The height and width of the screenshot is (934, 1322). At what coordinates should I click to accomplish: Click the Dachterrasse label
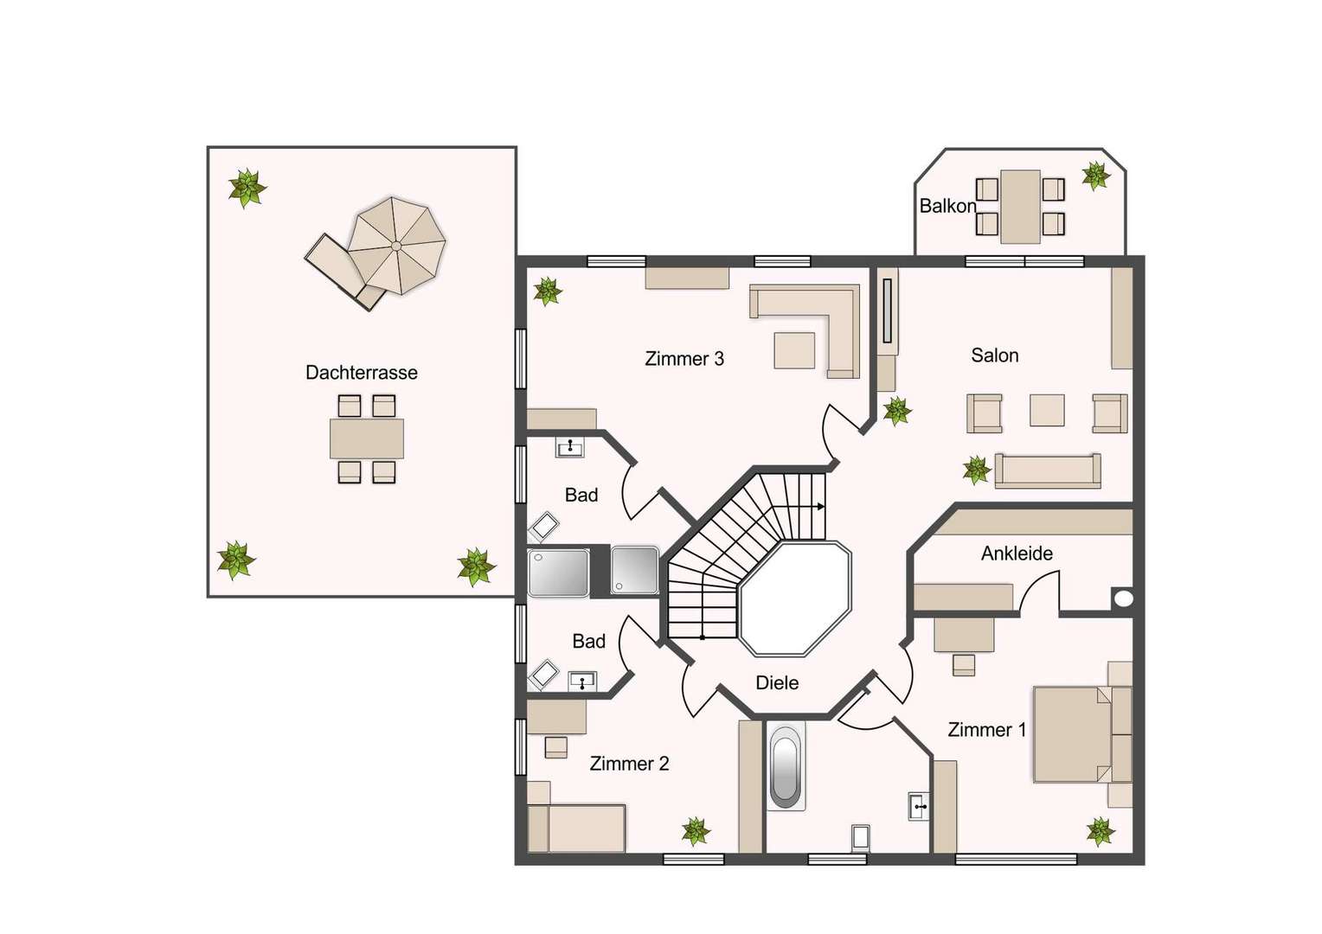[x=361, y=372]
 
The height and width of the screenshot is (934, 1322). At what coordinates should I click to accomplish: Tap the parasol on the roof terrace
[x=396, y=246]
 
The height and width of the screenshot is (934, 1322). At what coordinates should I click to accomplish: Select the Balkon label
[x=947, y=206]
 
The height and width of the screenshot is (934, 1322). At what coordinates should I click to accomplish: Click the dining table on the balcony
[x=1020, y=207]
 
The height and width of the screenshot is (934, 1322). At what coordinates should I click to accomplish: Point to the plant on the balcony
[x=1096, y=176]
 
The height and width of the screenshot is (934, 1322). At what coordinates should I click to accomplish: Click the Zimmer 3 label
[x=684, y=359]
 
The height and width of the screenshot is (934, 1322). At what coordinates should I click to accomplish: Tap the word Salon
[x=994, y=355]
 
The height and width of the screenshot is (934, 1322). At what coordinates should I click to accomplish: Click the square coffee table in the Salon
[x=1047, y=410]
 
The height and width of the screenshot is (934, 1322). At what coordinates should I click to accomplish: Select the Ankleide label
[x=1017, y=553]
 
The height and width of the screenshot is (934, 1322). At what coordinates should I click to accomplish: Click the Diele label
[x=777, y=682]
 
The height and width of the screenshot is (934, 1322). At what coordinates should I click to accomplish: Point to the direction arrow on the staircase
[x=818, y=506]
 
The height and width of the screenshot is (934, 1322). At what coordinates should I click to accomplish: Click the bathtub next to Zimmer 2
[x=786, y=767]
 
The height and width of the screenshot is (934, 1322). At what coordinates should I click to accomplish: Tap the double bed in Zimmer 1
[x=1082, y=734]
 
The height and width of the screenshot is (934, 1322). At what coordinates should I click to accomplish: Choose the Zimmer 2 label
[x=629, y=764]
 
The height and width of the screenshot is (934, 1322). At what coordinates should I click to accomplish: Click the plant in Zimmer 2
[x=696, y=831]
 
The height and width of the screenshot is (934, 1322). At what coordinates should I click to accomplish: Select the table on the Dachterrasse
[x=367, y=438]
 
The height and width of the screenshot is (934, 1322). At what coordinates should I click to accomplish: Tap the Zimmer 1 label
[x=987, y=730]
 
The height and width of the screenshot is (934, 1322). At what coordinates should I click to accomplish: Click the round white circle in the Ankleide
[x=1123, y=598]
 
